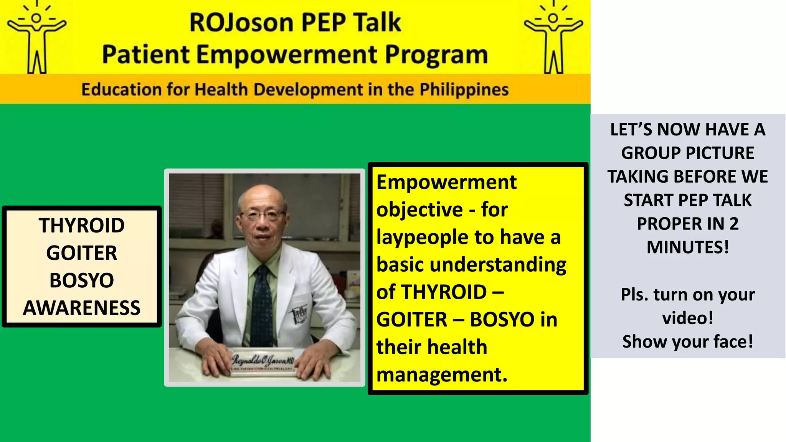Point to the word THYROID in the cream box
point(82,225)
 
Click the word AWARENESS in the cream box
point(82,308)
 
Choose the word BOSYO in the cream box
point(82,280)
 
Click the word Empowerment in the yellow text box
point(446,182)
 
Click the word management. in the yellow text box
point(442,374)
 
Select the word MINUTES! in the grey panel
point(687,247)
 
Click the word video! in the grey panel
point(687,318)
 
